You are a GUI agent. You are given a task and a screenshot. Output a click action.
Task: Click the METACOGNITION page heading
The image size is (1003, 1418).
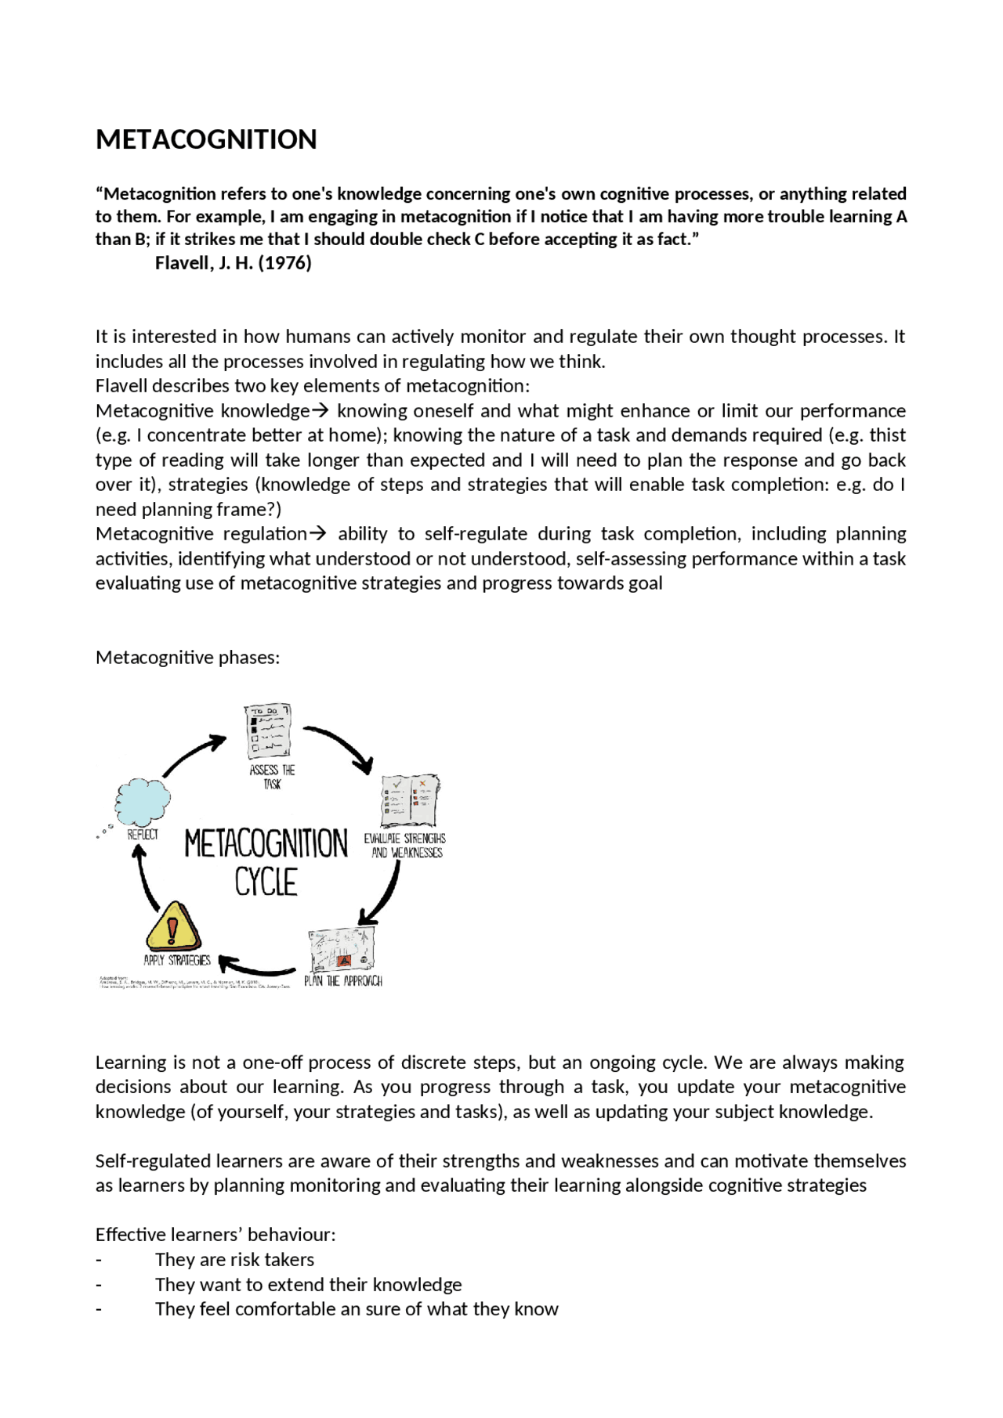206,139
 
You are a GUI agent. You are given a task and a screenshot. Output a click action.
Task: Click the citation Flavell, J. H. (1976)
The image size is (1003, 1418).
233,263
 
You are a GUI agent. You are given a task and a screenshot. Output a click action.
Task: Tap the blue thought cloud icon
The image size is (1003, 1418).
143,802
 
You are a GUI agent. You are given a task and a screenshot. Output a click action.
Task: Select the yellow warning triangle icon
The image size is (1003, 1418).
173,927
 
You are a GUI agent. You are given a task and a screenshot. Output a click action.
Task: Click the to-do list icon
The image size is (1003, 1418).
268,731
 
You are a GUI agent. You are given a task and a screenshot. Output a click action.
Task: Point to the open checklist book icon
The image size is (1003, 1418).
410,800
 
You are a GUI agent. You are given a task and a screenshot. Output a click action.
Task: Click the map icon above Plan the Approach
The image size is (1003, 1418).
342,950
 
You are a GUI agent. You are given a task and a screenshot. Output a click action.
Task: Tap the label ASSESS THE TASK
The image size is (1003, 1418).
272,777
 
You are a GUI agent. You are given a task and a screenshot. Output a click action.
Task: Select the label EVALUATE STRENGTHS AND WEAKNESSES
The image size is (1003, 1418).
405,846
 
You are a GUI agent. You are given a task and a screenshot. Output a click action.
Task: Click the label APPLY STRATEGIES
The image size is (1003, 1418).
177,961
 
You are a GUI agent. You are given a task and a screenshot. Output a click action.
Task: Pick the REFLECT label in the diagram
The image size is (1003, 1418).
143,835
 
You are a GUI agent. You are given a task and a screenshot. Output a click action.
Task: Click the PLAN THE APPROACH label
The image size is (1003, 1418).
343,981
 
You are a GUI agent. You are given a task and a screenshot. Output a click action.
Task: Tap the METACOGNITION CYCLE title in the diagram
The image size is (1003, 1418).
266,862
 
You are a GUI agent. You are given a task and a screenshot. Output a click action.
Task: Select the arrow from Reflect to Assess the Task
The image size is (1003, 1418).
193,754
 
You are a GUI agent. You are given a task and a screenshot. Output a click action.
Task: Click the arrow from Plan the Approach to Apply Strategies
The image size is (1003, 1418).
256,967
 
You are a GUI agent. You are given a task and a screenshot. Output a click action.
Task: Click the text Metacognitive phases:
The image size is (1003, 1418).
187,658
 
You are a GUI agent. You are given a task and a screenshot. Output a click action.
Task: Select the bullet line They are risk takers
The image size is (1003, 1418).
234,1260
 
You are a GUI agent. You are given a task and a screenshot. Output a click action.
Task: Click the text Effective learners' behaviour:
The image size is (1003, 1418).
215,1235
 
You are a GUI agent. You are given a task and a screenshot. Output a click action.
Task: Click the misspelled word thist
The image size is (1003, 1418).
887,435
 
